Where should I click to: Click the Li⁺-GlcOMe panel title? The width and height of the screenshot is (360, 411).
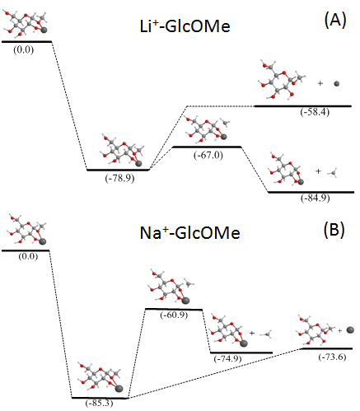(185, 26)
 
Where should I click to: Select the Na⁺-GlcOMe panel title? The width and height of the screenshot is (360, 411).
(189, 233)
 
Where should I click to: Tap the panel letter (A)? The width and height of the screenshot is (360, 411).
(335, 21)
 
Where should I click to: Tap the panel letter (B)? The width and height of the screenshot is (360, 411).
(334, 229)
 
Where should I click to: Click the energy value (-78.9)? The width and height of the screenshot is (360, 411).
(119, 179)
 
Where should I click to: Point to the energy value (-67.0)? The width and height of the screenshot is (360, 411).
(208, 155)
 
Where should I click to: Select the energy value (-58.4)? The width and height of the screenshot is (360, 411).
(315, 112)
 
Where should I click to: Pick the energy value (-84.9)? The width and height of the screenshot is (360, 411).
(316, 198)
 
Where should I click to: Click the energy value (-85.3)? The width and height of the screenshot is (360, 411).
(99, 403)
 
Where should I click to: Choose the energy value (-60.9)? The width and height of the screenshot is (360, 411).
(174, 315)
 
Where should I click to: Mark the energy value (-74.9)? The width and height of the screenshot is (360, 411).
(228, 358)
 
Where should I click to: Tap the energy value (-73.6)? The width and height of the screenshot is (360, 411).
(332, 357)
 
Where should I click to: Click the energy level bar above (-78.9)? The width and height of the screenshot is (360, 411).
(118, 170)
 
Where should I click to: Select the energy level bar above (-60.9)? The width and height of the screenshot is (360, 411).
(174, 309)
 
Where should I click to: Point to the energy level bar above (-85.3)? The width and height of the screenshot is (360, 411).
(100, 398)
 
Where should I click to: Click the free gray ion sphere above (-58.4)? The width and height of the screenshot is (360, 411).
(336, 84)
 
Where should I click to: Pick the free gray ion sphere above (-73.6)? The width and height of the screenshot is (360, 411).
(350, 330)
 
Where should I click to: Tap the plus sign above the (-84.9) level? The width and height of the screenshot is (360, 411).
(318, 171)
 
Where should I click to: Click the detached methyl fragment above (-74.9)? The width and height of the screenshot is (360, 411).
(266, 334)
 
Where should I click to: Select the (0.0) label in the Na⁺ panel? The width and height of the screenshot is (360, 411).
(28, 256)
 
